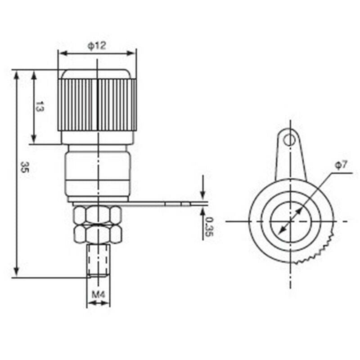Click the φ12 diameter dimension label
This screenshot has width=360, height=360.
click(97, 45)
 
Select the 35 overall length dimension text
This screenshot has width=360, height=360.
click(23, 169)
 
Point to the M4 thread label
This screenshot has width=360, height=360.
click(98, 295)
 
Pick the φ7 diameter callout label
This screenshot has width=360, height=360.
click(341, 165)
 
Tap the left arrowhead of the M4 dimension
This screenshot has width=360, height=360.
click(90, 303)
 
